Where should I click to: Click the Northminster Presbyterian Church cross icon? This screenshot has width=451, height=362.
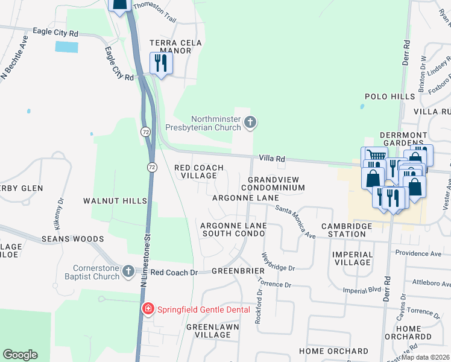coord(250,124)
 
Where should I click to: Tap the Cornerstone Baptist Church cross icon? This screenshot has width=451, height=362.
coord(128,272)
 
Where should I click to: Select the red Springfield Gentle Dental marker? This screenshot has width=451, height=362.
coord(148,310)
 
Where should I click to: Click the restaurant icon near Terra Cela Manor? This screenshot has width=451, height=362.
coord(160,63)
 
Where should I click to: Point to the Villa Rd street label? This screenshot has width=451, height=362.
coord(271,158)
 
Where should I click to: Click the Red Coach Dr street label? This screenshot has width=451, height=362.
coord(174,272)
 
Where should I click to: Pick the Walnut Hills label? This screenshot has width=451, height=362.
coord(115,200)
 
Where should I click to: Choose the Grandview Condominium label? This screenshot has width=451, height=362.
coord(276,183)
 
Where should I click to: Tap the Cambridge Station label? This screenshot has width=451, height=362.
coord(347,230)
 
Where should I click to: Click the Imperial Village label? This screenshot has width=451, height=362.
coord(352,258)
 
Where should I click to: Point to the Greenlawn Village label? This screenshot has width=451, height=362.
coord(213,331)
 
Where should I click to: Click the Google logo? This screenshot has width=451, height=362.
coord(20,355)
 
